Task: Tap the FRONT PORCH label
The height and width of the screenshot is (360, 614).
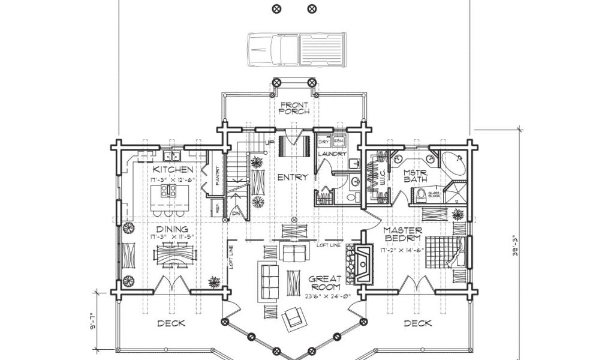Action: point(294,107)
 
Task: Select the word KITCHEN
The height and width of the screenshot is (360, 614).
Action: point(173,170)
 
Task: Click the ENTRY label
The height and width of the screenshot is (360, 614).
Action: point(293,177)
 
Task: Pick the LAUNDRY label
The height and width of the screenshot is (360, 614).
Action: point(333,154)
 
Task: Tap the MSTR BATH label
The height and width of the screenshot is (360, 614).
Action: point(415,175)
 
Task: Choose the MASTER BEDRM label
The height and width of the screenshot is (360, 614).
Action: point(403,234)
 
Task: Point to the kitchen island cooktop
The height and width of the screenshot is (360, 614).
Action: point(168,192)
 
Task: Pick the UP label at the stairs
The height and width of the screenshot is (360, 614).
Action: point(269,142)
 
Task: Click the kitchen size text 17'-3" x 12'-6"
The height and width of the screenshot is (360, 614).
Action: point(173,179)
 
